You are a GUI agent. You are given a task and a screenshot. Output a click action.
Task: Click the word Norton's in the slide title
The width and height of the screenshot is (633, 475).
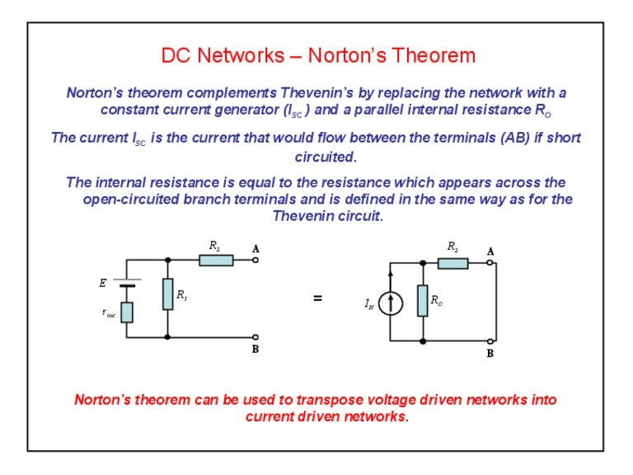(349, 56)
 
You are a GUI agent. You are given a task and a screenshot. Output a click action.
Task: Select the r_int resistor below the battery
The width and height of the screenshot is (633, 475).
(126, 313)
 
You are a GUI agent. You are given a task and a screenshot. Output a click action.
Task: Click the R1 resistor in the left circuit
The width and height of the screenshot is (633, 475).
(167, 294)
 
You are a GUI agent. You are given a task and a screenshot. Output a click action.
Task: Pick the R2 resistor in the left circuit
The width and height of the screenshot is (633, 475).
(216, 261)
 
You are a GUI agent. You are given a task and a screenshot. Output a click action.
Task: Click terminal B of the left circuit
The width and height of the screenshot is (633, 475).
(256, 336)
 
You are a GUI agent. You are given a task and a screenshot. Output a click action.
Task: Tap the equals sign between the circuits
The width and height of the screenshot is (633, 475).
(317, 299)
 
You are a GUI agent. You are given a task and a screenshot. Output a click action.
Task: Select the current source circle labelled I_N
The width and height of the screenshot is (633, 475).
(391, 304)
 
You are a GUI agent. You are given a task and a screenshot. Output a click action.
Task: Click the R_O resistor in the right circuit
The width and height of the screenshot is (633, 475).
(422, 301)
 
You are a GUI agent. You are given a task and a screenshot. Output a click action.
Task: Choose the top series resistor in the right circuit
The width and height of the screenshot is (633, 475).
(452, 263)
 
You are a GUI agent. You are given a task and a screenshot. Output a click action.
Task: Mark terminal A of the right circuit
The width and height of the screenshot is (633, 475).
(490, 263)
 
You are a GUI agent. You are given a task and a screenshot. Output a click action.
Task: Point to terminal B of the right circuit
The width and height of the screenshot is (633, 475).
(490, 341)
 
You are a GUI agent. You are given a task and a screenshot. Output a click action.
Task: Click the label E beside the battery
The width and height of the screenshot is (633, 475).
(103, 283)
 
